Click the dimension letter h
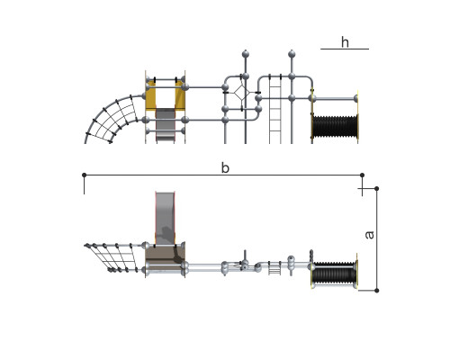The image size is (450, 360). click(x=345, y=42)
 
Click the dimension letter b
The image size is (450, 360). click(x=225, y=168)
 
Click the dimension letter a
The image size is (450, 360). click(x=370, y=234)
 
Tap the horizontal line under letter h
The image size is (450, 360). click(x=345, y=49)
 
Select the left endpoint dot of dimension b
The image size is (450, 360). click(x=85, y=175)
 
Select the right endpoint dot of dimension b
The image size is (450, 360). click(x=362, y=175)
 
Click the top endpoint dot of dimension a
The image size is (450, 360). click(x=377, y=188)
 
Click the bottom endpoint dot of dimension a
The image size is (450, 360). click(x=377, y=291)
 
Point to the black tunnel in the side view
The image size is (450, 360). click(x=335, y=126)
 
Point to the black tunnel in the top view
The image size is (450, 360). click(x=335, y=272)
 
